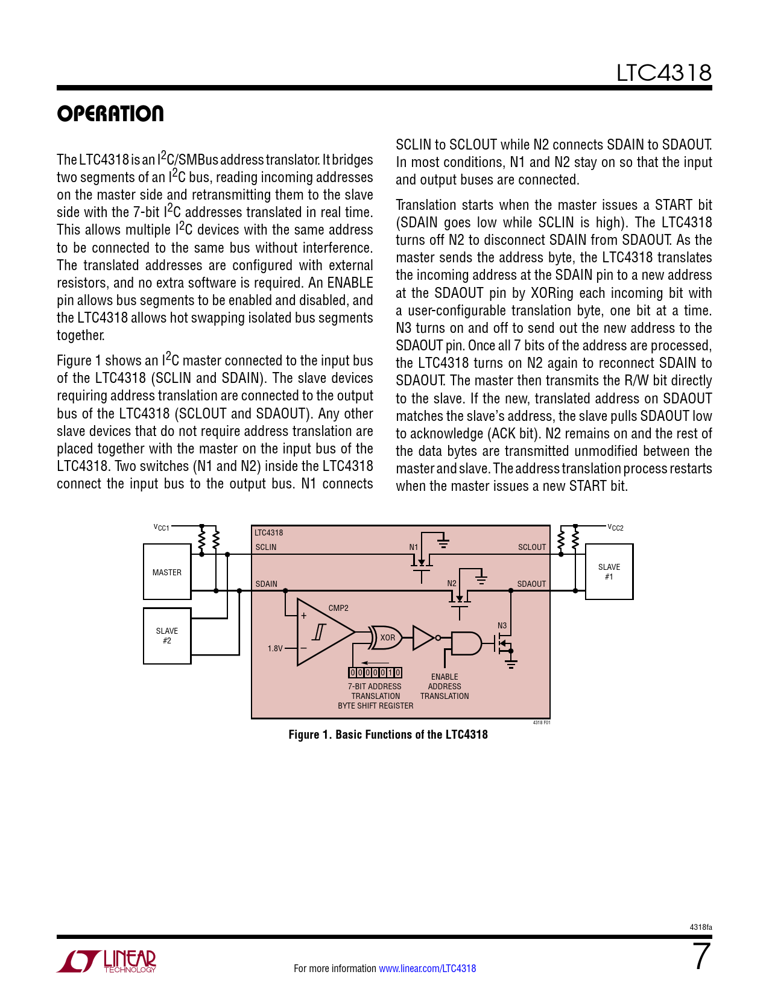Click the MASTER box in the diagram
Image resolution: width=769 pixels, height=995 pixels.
[x=166, y=572]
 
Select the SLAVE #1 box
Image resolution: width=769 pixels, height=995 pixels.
[x=609, y=572]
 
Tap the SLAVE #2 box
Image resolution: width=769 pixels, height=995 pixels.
[x=166, y=636]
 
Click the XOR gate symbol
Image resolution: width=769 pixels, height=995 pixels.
[x=385, y=637]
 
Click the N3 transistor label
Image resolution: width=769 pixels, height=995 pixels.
[x=502, y=625]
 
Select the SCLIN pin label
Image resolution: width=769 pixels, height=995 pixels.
[x=265, y=547]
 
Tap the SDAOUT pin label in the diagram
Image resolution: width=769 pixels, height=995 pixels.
[x=531, y=584]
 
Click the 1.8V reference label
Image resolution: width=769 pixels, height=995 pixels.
[x=275, y=648]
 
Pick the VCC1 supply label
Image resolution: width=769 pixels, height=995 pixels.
[x=161, y=528]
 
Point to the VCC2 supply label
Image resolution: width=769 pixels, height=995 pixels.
[x=615, y=528]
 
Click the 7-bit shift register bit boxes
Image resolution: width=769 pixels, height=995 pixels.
[x=375, y=672]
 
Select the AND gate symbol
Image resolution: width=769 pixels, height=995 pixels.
[x=466, y=643]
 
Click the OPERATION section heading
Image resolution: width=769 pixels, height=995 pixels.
[x=110, y=113]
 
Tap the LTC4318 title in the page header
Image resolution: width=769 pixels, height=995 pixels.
[x=663, y=73]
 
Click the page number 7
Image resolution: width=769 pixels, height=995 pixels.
[x=702, y=956]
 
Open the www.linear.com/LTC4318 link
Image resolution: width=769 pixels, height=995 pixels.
[x=428, y=968]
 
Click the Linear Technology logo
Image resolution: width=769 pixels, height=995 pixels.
[x=106, y=961]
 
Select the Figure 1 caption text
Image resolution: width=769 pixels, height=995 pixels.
[x=388, y=735]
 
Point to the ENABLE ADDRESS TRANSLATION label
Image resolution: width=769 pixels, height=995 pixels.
[x=445, y=686]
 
